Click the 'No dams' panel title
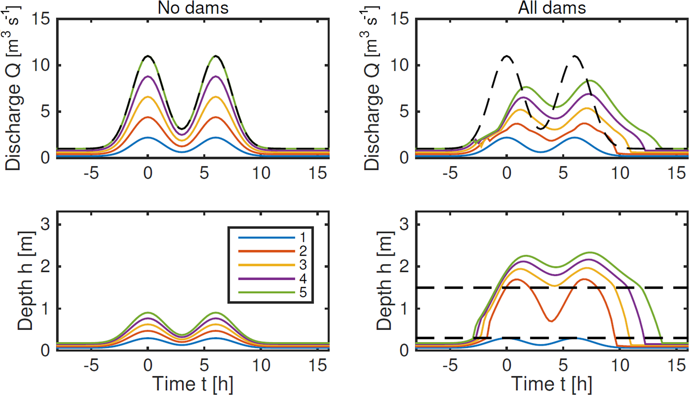[x=193, y=8]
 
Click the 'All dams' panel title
[x=552, y=8]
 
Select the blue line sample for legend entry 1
[x=266, y=237]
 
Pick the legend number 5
[x=303, y=292]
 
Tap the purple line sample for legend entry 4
[x=266, y=278]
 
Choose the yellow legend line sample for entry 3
[x=266, y=265]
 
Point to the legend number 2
[x=303, y=251]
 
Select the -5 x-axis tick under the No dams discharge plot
[x=91, y=174]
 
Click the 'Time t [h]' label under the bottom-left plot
[x=193, y=384]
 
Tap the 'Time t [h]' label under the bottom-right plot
[x=551, y=384]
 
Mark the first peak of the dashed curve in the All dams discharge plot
[x=507, y=56]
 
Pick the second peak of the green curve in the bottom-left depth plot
[x=216, y=313]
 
